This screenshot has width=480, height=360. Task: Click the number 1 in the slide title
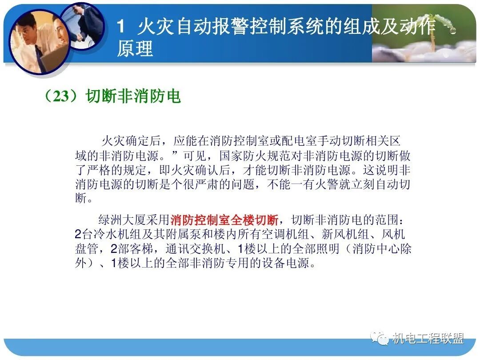[121, 28]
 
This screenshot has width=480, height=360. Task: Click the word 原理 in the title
[135, 49]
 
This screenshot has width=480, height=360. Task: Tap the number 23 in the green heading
[62, 96]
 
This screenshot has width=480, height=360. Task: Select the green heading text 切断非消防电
[133, 96]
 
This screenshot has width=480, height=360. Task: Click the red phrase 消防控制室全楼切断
[224, 220]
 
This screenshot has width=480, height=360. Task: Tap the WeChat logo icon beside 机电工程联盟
[381, 339]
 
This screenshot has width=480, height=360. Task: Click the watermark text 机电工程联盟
[428, 339]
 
